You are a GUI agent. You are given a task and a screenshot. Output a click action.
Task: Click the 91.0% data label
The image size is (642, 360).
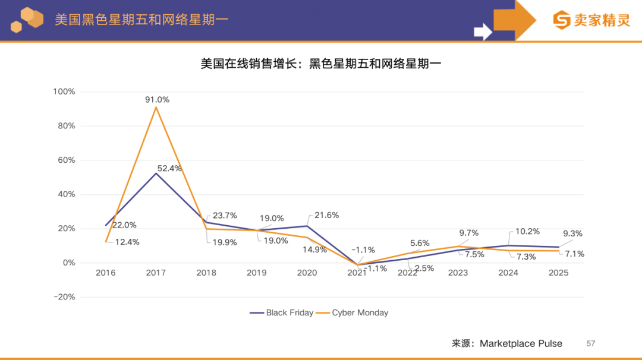(157, 100)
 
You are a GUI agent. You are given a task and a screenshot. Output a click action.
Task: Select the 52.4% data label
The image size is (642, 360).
(169, 168)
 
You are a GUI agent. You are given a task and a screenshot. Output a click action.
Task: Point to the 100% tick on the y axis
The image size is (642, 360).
(64, 91)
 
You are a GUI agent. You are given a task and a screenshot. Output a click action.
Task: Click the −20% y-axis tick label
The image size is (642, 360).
(64, 297)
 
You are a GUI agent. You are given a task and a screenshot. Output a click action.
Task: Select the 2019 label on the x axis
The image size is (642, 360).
(257, 273)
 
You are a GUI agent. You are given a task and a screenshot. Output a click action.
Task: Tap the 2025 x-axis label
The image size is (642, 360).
(558, 273)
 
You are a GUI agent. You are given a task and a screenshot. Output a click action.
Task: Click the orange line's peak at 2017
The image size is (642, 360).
(156, 108)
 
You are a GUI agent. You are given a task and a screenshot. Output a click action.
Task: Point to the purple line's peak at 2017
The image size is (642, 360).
(156, 173)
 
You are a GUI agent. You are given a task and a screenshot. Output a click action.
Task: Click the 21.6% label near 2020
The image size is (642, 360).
(326, 215)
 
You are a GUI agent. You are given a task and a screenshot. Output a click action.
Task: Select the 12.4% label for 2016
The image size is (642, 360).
(127, 242)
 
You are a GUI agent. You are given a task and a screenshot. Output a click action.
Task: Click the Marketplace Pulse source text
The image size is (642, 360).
(521, 343)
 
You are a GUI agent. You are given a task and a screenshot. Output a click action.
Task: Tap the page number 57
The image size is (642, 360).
(591, 343)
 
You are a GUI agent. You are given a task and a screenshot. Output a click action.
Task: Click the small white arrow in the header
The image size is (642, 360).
(483, 31)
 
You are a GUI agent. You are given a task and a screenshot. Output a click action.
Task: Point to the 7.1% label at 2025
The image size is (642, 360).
(574, 254)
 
